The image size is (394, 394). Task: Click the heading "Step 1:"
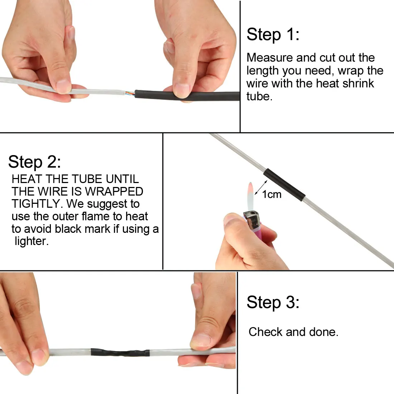(273, 35)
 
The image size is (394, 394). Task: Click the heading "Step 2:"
(34, 162)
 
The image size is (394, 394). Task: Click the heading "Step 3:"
(273, 302)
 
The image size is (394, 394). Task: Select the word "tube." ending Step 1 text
(259, 96)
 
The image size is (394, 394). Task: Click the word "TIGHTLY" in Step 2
(37, 204)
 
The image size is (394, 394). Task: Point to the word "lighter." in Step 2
(31, 241)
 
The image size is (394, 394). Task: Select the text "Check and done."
(293, 332)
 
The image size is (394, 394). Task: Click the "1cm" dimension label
(272, 194)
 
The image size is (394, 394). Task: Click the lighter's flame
(250, 195)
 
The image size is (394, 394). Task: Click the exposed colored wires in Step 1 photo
(129, 94)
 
